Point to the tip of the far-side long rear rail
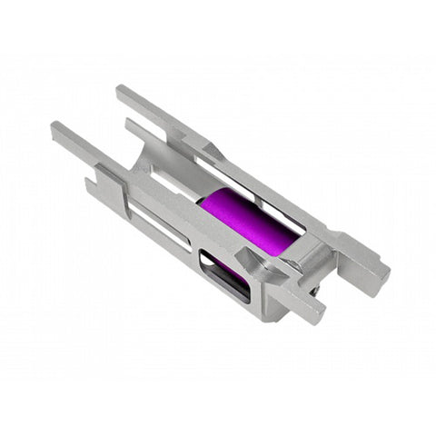coord(122,92)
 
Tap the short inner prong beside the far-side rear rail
coord(132,126)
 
